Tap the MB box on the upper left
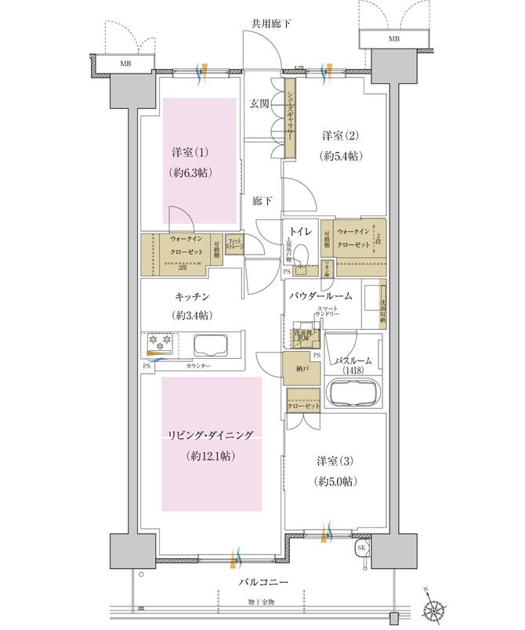125,63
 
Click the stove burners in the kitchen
160,342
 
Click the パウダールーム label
320,295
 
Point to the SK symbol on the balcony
362,548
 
